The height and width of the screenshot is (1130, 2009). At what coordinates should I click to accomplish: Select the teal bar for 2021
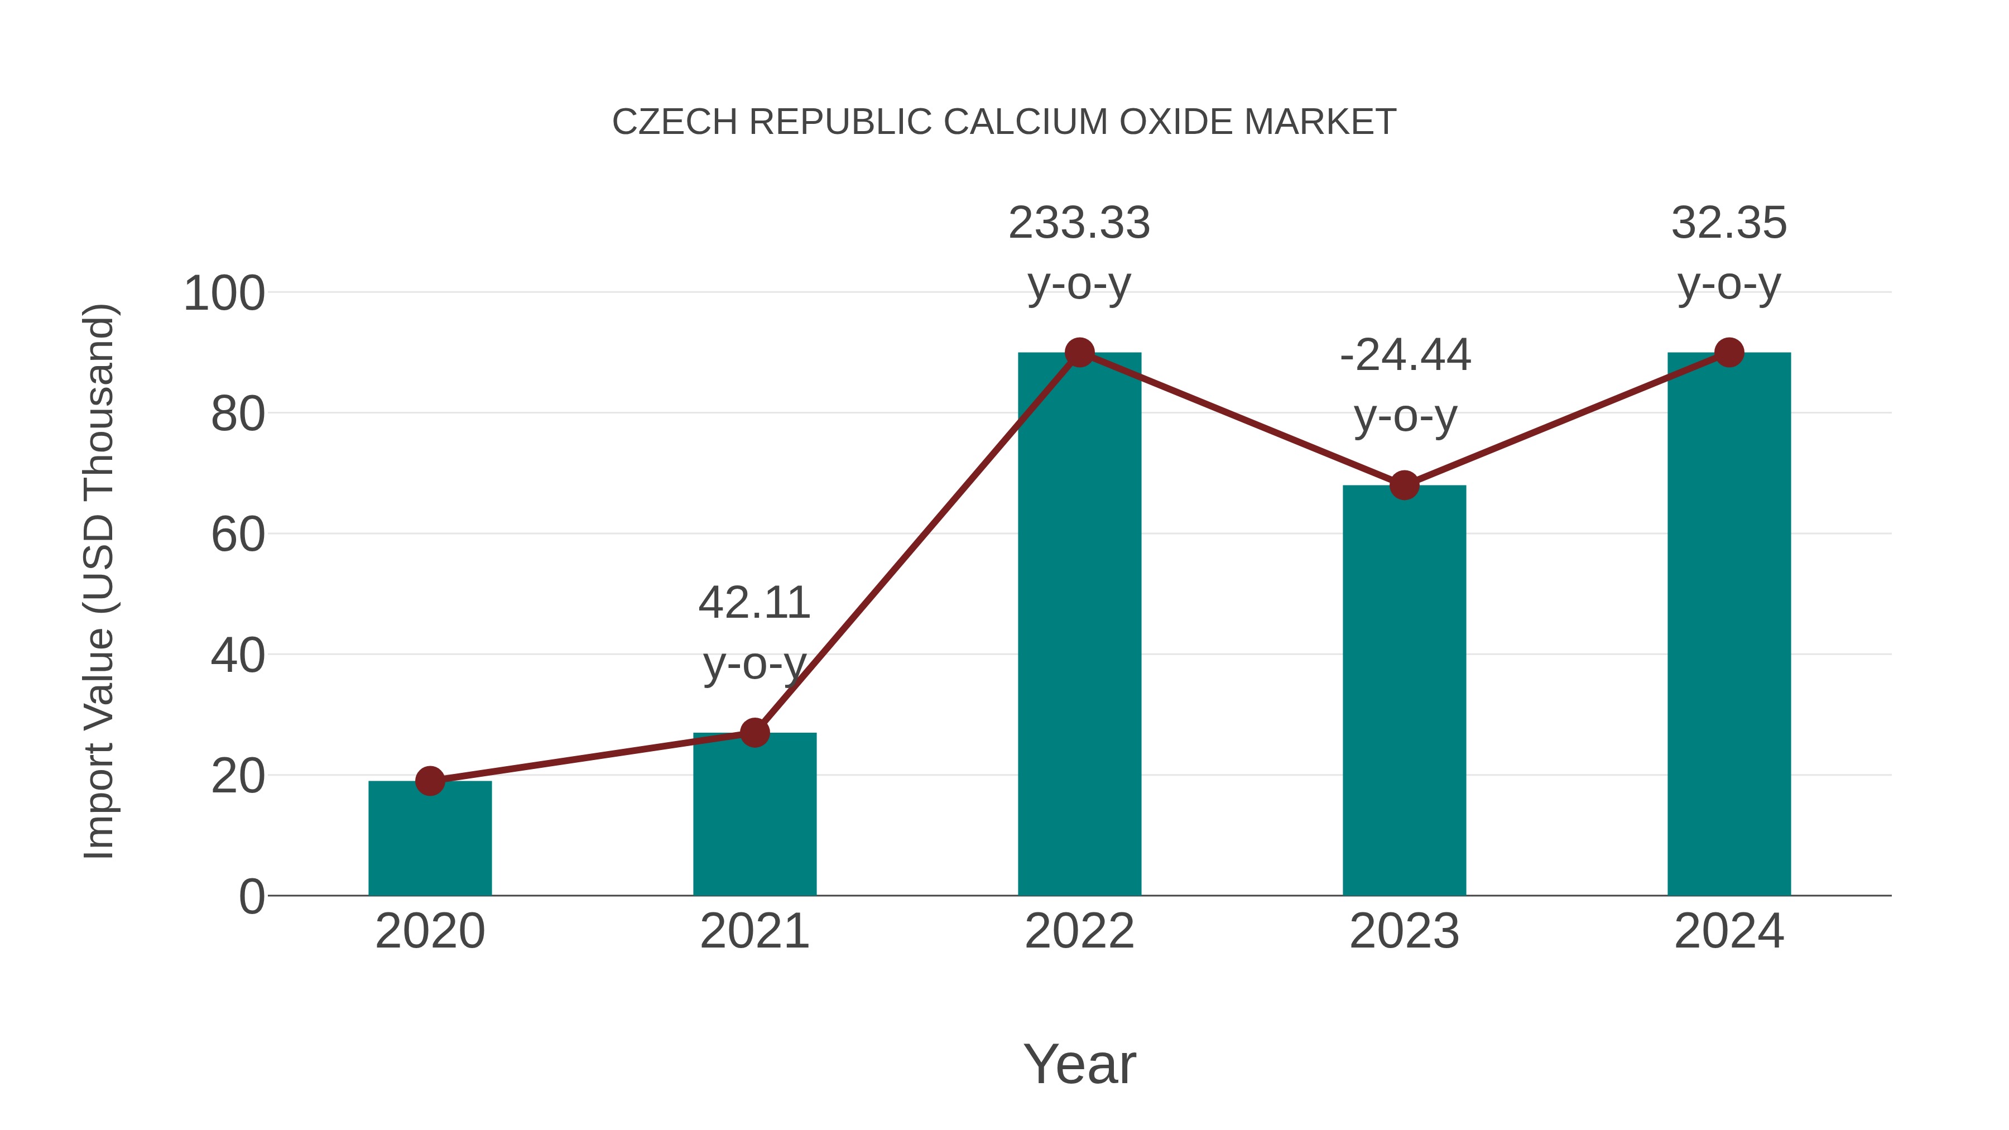click(754, 815)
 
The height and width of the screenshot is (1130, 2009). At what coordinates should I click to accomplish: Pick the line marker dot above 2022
click(1079, 353)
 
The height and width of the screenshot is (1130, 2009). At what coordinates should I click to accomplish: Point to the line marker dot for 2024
click(1729, 353)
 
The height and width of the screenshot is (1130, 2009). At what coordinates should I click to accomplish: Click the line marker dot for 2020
click(430, 781)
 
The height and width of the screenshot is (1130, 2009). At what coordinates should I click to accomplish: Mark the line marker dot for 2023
click(1404, 485)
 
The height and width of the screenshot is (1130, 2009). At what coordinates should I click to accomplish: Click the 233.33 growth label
click(1079, 223)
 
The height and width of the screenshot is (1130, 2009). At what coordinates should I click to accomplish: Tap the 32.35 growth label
click(1729, 223)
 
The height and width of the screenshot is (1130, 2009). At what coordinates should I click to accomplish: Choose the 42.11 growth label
click(754, 603)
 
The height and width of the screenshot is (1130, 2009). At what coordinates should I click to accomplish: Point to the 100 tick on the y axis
click(224, 294)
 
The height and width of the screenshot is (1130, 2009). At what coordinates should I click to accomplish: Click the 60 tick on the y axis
click(237, 535)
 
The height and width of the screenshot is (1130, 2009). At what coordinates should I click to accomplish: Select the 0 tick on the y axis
click(251, 896)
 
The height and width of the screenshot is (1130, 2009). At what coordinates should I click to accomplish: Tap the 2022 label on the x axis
click(1079, 931)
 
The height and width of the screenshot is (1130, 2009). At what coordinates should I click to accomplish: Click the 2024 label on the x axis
click(1729, 931)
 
